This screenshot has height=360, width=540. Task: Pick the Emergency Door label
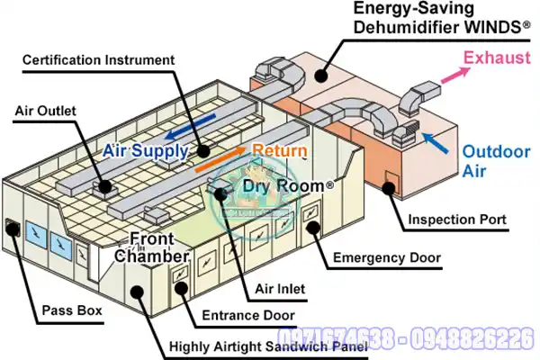point(387,258)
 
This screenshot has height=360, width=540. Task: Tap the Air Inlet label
point(279,289)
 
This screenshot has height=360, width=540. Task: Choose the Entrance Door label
point(247,315)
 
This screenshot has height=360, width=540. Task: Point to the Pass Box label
point(72,313)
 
